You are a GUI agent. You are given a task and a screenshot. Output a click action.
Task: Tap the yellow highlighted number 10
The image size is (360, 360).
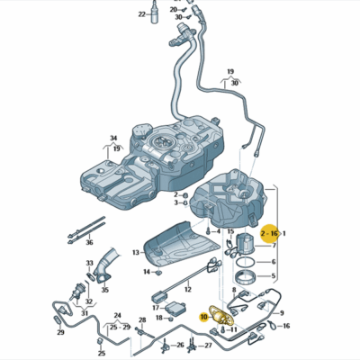(204, 316)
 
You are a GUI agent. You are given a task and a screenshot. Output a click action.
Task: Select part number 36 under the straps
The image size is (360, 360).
(88, 242)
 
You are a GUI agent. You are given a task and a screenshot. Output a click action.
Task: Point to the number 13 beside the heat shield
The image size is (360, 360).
(137, 252)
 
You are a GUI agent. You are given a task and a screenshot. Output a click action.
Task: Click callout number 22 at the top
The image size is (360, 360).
(141, 14)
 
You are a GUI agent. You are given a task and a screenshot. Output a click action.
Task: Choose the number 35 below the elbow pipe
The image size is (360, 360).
(104, 290)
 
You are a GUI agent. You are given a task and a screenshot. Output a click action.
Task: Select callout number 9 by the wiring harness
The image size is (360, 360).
(283, 312)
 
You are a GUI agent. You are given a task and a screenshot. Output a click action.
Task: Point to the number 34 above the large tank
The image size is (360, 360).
(114, 139)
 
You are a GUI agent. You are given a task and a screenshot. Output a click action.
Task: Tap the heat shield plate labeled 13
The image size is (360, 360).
(175, 243)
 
